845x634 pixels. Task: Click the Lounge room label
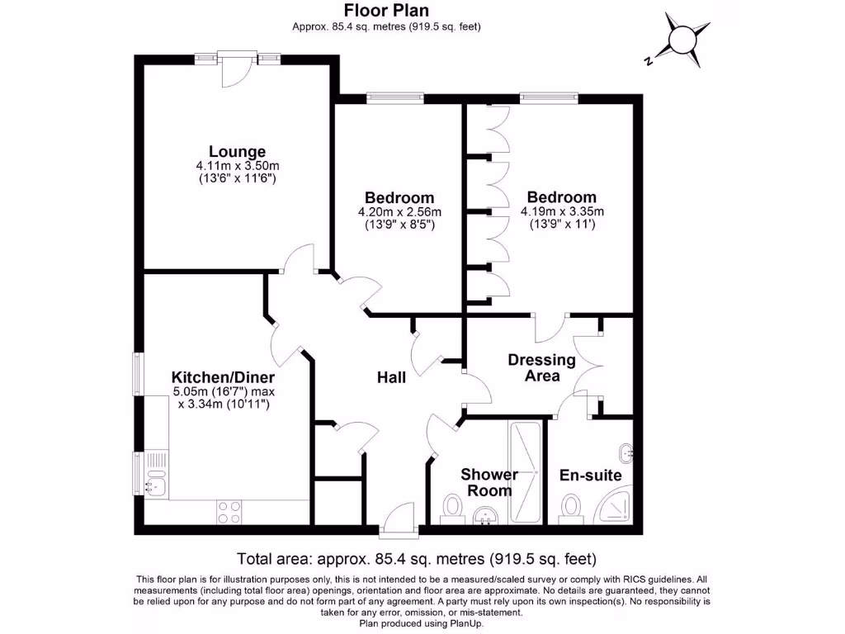237,152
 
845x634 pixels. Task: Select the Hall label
391,377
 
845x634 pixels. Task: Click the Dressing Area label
541,367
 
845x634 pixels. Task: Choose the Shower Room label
489,482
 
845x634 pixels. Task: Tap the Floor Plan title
385,10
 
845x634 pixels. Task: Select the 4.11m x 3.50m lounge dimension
238,166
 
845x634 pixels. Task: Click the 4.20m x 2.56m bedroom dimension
399,211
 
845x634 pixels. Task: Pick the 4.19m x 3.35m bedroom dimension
562,211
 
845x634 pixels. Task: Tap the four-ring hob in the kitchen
229,512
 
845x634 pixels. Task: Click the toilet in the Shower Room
451,506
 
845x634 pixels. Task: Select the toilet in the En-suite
569,506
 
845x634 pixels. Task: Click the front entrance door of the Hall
400,518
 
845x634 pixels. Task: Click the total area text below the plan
416,557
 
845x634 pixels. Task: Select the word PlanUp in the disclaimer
466,623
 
